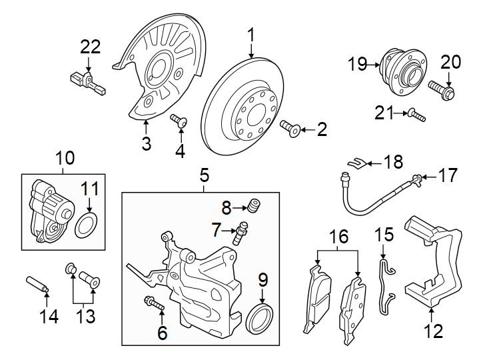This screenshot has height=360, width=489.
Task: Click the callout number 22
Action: coord(90,47)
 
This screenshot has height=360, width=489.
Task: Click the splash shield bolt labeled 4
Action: coord(180,121)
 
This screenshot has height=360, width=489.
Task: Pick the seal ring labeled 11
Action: coord(84,226)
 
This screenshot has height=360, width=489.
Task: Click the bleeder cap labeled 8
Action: coord(253,203)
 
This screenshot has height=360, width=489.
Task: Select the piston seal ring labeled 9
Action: coord(260,319)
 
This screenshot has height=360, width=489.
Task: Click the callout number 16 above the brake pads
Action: coord(339,237)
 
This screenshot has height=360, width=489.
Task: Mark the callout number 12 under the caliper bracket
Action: coord(434,331)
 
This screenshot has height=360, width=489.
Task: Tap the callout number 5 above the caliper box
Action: coord(204,176)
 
